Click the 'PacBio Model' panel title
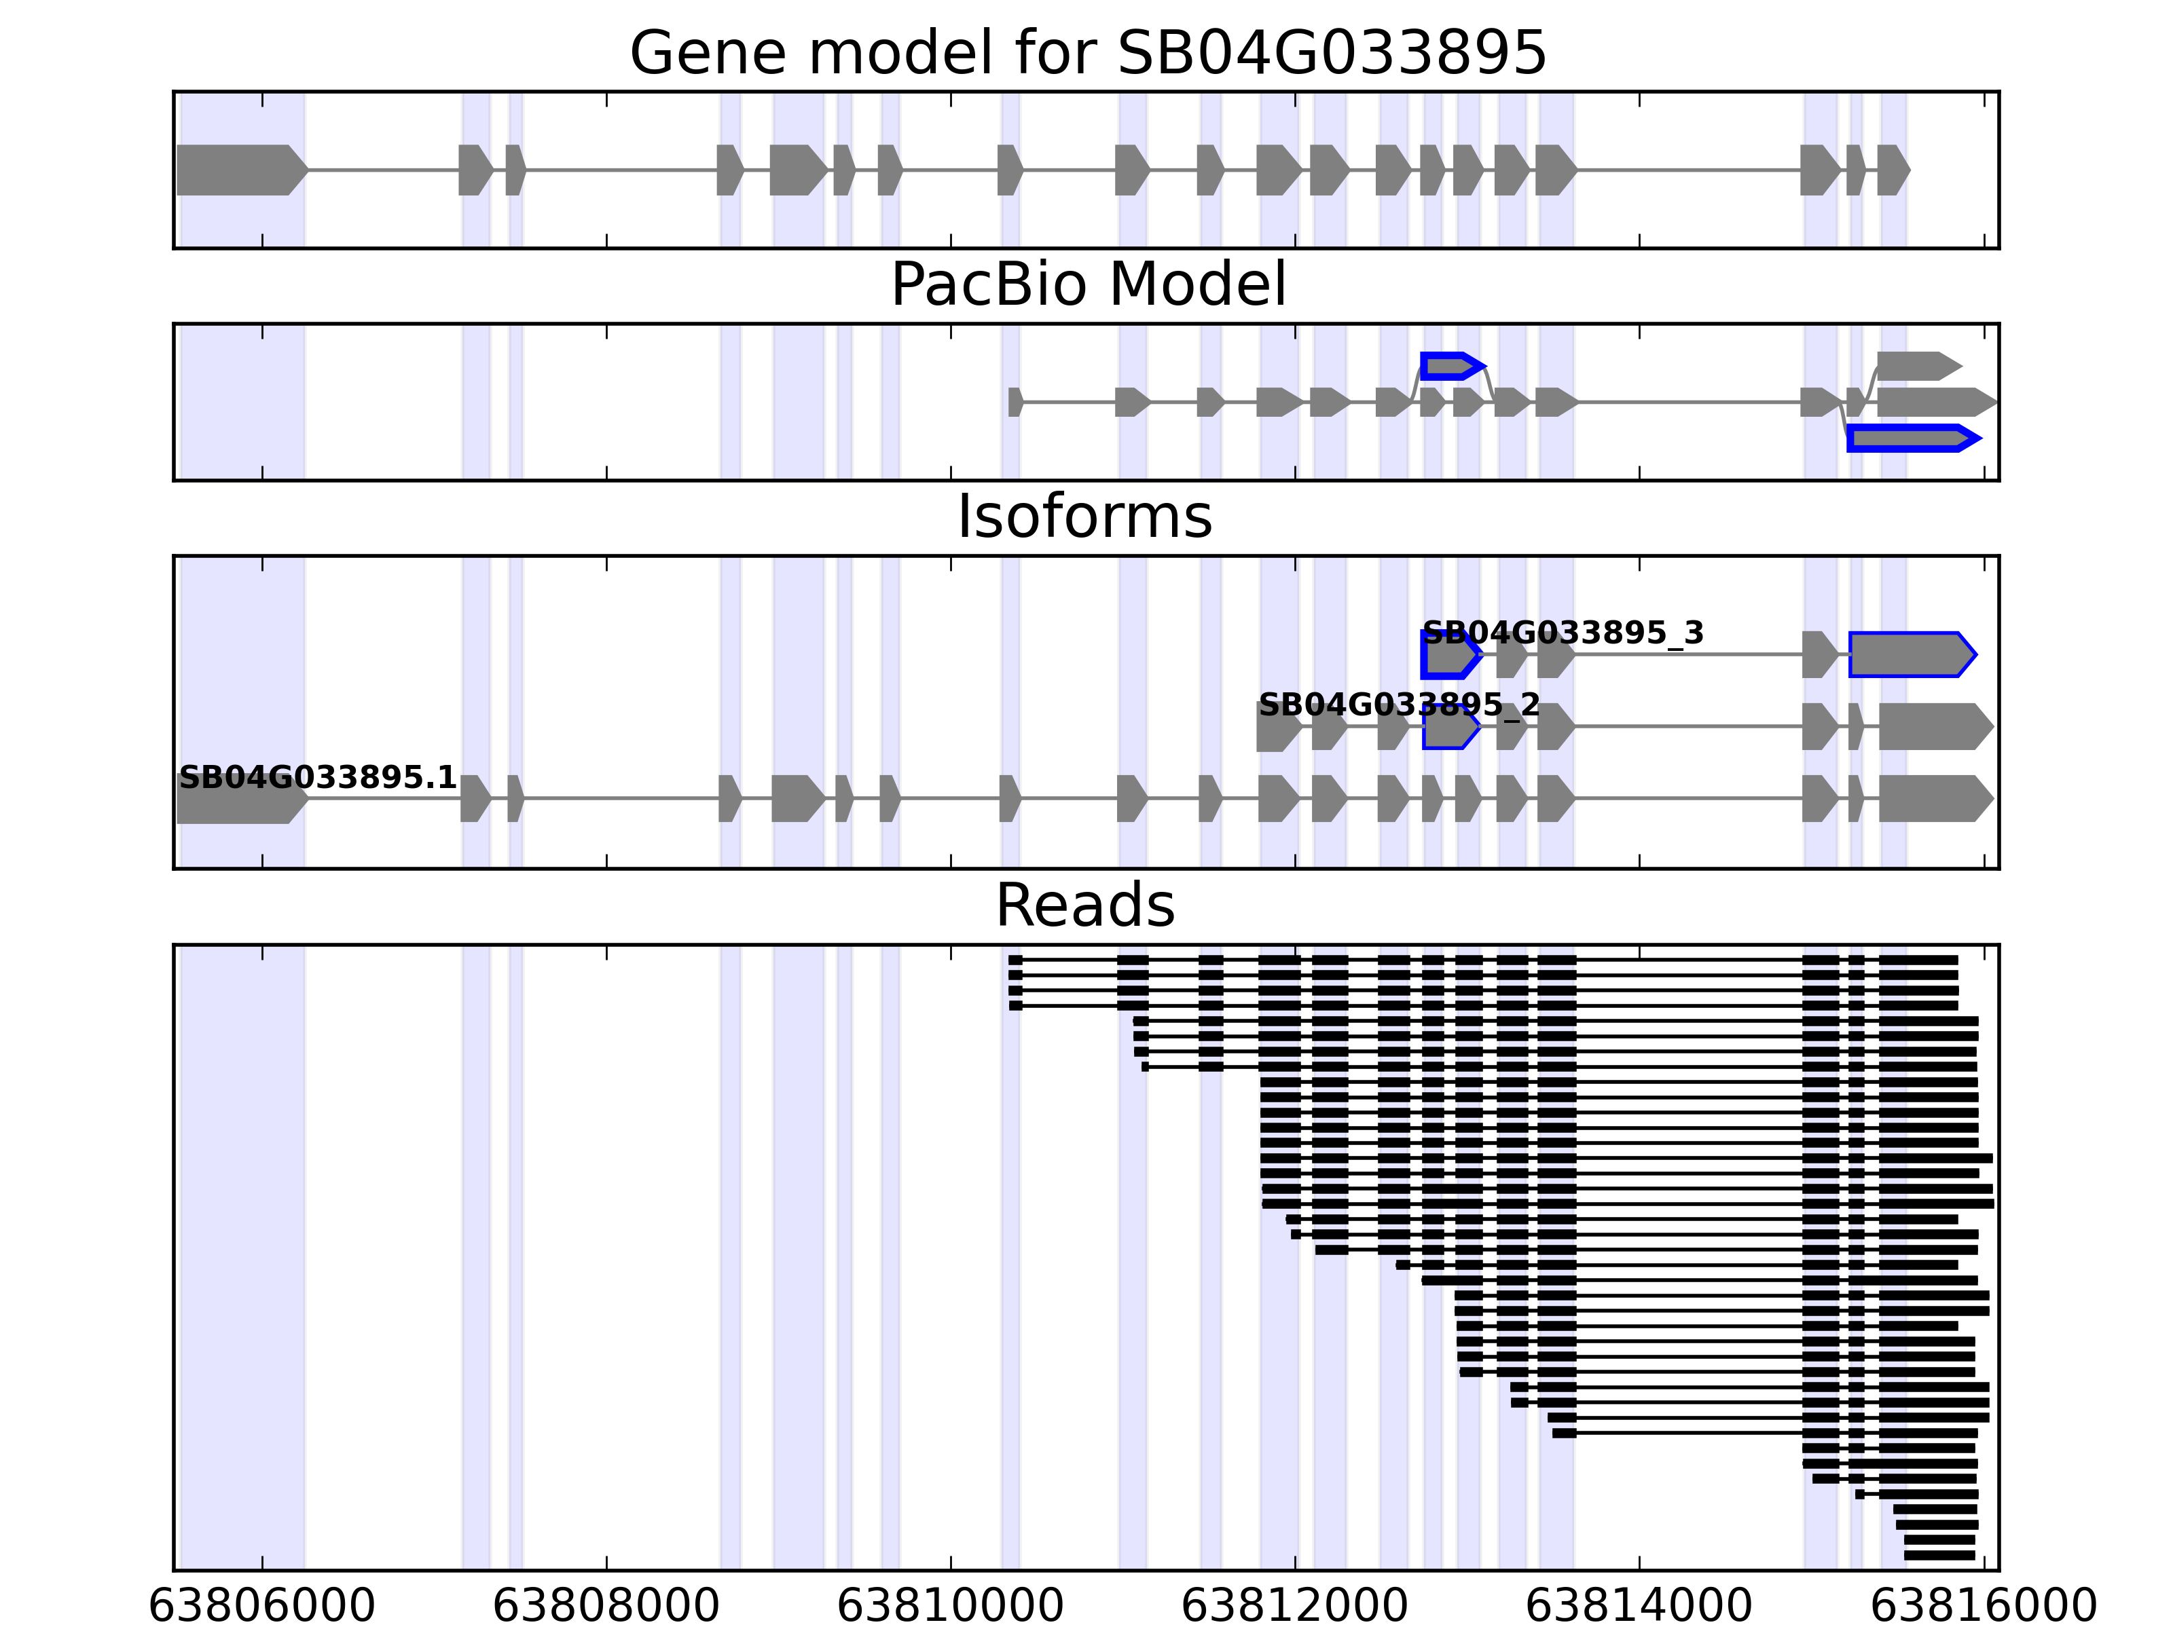(x=1087, y=285)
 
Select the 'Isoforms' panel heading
(x=1084, y=517)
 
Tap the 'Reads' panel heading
(x=1084, y=905)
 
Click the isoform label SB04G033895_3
(x=1562, y=633)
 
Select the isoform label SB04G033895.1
(x=317, y=778)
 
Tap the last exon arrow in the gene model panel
(x=1892, y=170)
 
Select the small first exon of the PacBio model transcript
(x=1015, y=402)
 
